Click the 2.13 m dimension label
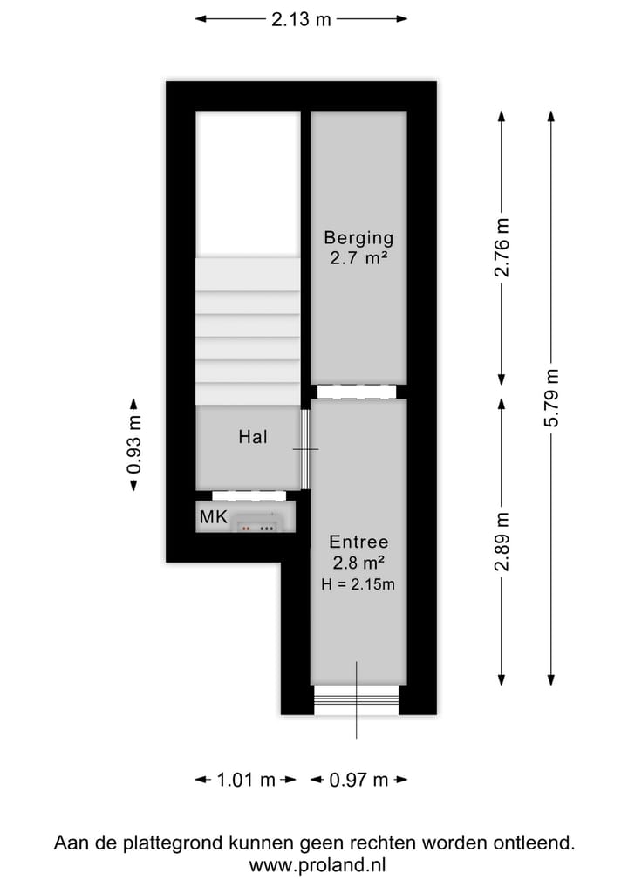[x=301, y=19]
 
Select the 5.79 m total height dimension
[x=551, y=398]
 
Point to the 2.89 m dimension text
[x=502, y=541]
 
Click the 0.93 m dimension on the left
[x=133, y=445]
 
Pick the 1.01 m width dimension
[x=245, y=780]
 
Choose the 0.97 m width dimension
[x=358, y=780]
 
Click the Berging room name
[x=358, y=237]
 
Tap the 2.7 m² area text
[x=358, y=258]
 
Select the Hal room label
[x=252, y=438]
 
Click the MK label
[x=214, y=517]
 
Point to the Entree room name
[x=358, y=542]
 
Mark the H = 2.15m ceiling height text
[x=358, y=585]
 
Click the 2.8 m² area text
[x=358, y=563]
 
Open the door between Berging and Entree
[x=358, y=392]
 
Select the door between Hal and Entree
[x=305, y=448]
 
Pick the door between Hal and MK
[x=249, y=495]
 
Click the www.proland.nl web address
[x=314, y=865]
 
